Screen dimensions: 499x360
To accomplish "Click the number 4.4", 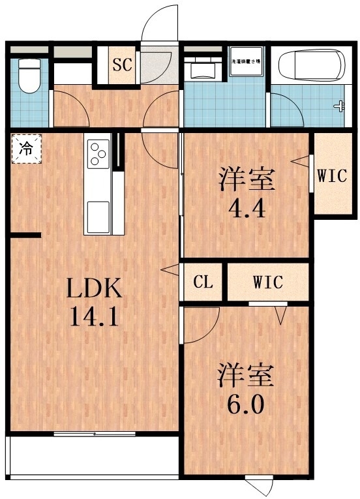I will click(x=247, y=208).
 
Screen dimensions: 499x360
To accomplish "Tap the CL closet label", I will click(x=203, y=282).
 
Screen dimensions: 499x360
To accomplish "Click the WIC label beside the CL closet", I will click(x=267, y=282).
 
